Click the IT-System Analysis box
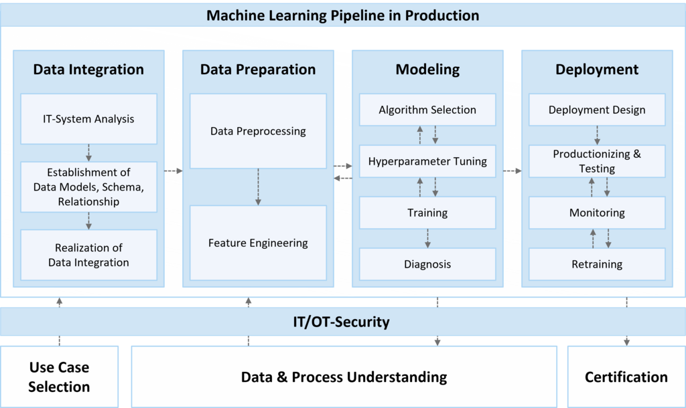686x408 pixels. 88,119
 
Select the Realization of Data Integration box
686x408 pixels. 88,255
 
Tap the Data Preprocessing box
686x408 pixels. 258,131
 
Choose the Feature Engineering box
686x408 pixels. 258,243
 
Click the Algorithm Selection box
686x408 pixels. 427,110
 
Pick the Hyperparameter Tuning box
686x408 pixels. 427,161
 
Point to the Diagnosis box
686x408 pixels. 427,264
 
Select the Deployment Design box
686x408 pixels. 597,110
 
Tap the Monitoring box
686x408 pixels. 597,213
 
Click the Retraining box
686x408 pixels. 597,264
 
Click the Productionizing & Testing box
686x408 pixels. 597,161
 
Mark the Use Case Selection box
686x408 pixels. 59,377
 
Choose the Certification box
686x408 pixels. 626,377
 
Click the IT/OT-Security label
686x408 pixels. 341,322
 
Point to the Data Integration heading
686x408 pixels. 88,70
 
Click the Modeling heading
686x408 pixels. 427,70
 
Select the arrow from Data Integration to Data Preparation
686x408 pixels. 174,171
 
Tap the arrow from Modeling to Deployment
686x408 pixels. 512,171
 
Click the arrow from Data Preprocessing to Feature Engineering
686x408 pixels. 258,187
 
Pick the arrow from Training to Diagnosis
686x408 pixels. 427,239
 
